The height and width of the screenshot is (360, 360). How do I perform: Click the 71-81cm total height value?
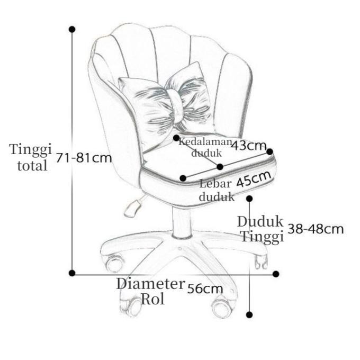[84, 158]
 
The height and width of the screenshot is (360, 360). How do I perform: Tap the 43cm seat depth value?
[248, 145]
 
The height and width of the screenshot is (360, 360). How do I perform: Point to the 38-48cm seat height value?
[316, 229]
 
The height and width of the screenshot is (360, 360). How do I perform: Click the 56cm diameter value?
[205, 289]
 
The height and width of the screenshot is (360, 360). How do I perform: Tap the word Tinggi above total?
[31, 149]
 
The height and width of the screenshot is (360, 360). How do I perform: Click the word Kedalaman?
[204, 141]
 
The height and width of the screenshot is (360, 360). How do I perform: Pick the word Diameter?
[150, 283]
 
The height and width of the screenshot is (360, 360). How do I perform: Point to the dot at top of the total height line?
[72, 29]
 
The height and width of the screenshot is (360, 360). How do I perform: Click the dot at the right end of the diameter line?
[276, 274]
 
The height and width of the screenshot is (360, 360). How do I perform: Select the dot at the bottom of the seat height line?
[250, 314]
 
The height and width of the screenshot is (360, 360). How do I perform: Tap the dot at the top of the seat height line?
[250, 199]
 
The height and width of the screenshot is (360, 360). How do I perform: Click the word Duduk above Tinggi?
[260, 221]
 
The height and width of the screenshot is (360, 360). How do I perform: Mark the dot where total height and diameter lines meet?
[72, 273]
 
